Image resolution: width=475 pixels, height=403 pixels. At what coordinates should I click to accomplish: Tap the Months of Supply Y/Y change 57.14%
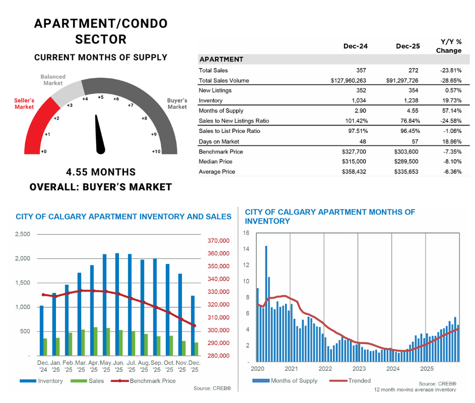coord(452,110)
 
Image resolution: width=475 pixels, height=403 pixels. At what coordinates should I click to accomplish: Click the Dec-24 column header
coord(355,46)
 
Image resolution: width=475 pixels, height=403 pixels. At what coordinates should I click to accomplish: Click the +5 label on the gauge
coord(101,97)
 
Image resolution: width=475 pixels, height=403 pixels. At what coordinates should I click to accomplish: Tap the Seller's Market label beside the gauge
coord(24,104)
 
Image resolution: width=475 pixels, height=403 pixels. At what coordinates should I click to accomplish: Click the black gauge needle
coord(100,136)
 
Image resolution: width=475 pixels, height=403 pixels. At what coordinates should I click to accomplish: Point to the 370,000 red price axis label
coord(219,241)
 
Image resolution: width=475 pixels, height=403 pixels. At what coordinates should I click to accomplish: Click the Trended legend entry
coord(359,381)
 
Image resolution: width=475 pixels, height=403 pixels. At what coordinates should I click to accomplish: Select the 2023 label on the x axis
coord(359,368)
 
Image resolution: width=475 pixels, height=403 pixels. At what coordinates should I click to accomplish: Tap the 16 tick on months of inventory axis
coord(246,233)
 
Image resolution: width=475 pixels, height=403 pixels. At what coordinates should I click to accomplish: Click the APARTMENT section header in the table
coord(221,59)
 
